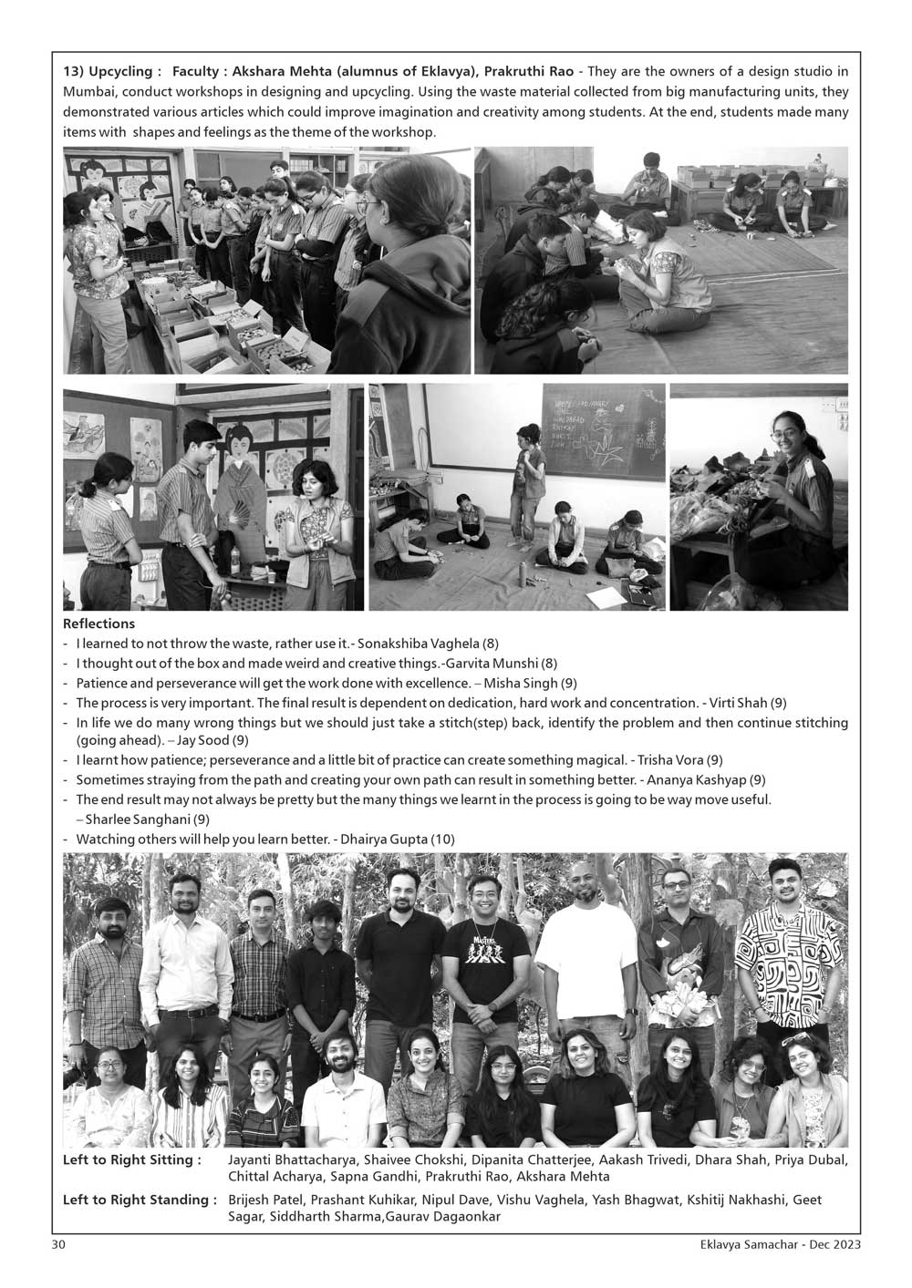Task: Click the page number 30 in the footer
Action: (x=57, y=1244)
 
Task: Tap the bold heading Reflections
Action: (x=98, y=624)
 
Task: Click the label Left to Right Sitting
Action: (x=132, y=1159)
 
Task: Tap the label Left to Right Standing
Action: (x=140, y=1200)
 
